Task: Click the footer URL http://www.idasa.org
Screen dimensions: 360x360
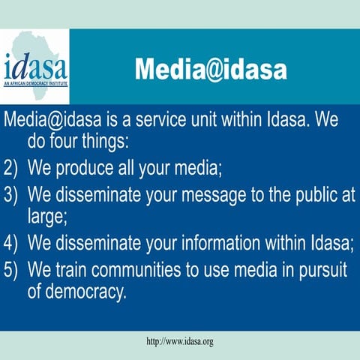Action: (x=180, y=341)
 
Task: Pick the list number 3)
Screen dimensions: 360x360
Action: (x=12, y=195)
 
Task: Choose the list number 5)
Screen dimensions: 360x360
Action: (x=12, y=268)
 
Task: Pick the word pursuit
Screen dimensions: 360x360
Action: (x=324, y=268)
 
